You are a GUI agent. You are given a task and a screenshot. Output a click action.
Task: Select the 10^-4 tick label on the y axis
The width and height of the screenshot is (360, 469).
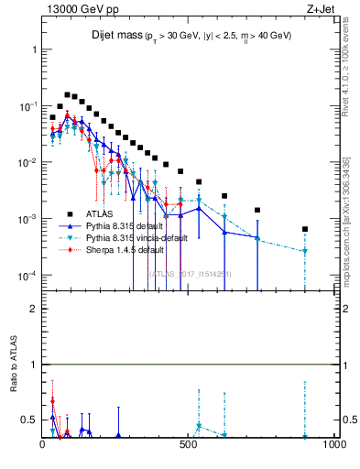pos(27,276)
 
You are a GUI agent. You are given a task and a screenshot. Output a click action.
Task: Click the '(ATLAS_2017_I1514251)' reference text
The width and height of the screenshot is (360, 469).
pos(191,273)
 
